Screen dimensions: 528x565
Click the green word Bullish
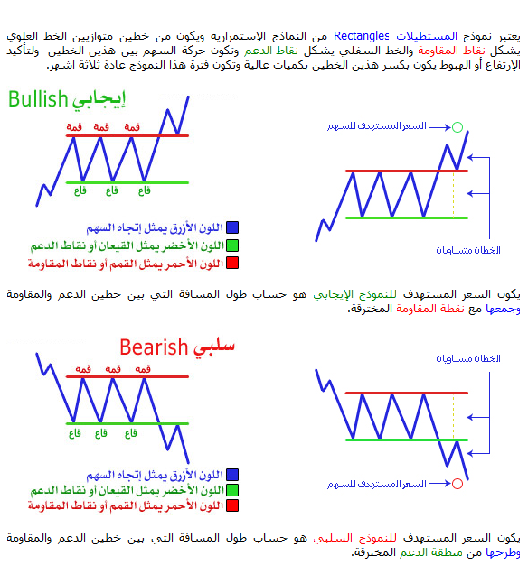(x=38, y=99)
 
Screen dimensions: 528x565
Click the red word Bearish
(x=154, y=347)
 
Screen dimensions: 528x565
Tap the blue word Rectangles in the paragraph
(x=362, y=36)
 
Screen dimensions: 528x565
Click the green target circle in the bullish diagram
(x=457, y=127)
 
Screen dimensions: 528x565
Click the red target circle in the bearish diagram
(x=457, y=484)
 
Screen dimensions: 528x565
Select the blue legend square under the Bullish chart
(x=232, y=227)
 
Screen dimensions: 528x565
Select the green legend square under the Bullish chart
(x=232, y=245)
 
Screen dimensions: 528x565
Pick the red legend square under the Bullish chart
(x=232, y=263)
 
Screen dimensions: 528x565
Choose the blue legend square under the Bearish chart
(x=232, y=475)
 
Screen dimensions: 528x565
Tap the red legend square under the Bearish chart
(x=232, y=505)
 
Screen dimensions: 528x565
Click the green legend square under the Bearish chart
(x=232, y=490)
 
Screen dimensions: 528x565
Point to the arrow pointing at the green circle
(x=440, y=127)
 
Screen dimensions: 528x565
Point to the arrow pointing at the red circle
(x=440, y=484)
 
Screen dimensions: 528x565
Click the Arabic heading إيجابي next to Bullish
(x=99, y=99)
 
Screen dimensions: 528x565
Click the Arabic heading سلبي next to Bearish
(x=214, y=347)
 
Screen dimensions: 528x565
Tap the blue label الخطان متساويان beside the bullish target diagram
(x=468, y=250)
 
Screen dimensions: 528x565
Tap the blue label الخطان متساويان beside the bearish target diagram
(x=468, y=358)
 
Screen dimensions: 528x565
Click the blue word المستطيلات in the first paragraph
(x=427, y=36)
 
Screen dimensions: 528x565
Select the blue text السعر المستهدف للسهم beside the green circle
(x=377, y=126)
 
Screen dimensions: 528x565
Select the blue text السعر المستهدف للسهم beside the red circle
(x=377, y=484)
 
